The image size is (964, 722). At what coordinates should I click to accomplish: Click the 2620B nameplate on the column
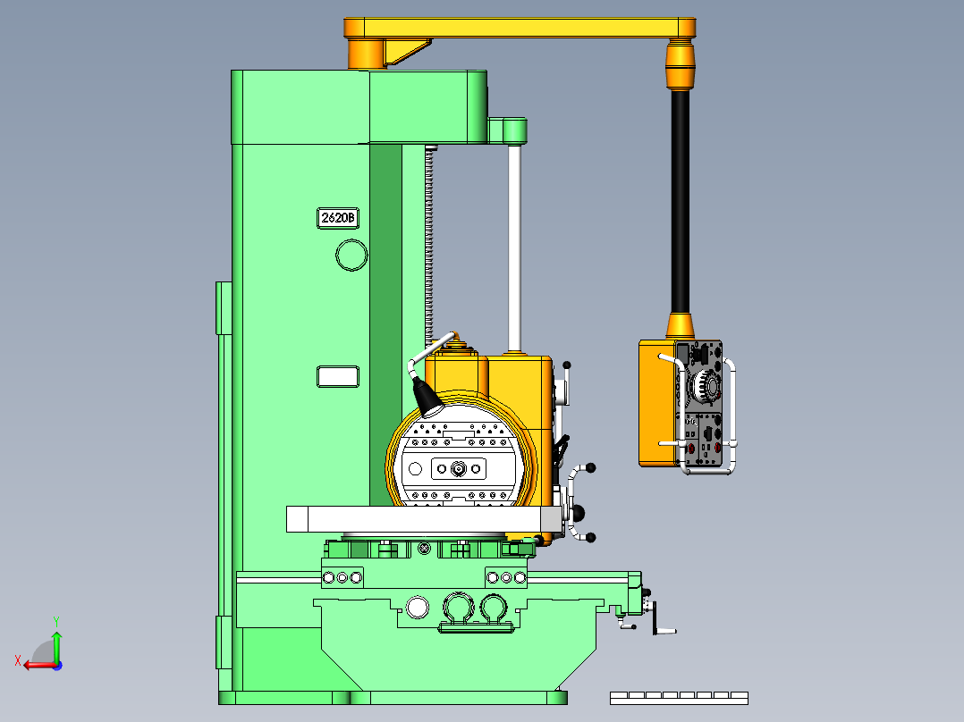point(339,218)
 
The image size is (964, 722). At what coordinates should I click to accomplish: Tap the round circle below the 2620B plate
point(351,256)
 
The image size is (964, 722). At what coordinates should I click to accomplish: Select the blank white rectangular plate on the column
point(338,376)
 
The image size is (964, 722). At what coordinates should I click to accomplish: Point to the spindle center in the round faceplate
point(458,467)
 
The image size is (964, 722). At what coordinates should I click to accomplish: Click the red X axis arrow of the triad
point(36,664)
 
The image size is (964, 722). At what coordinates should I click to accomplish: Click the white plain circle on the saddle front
point(417,608)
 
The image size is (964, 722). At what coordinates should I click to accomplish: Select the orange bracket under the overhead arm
point(407,50)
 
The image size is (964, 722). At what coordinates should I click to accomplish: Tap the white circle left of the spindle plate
point(414,468)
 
